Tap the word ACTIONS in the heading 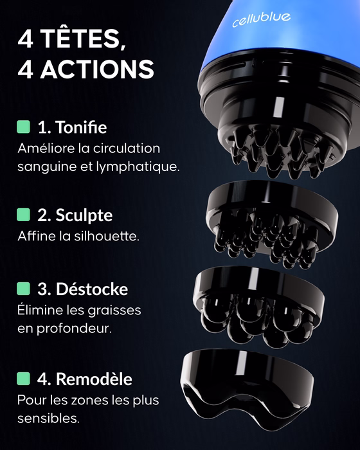tap(97, 69)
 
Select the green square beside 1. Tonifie tap(24, 127)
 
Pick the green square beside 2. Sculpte tap(24, 215)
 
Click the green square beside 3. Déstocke tap(24, 289)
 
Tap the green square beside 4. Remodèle tap(24, 379)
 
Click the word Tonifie tap(81, 127)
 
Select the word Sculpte tap(84, 215)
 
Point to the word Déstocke tap(92, 289)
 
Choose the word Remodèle tap(94, 379)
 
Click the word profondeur tap(74, 328)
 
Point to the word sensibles tap(48, 418)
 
